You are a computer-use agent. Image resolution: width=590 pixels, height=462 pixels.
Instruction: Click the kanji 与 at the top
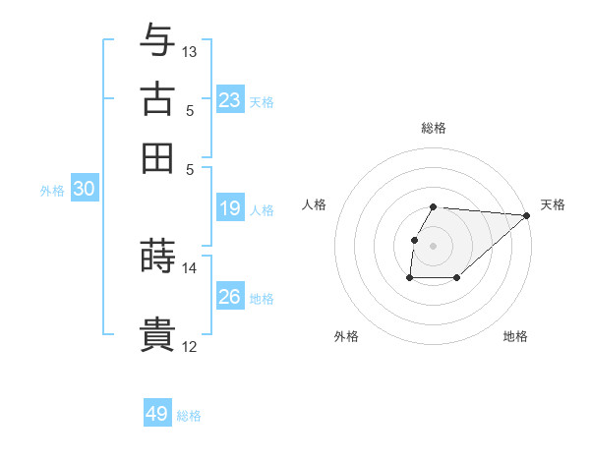[157, 41]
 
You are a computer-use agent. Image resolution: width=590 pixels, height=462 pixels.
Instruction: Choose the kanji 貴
[157, 334]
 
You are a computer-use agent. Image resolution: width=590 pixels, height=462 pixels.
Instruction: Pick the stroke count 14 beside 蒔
[190, 267]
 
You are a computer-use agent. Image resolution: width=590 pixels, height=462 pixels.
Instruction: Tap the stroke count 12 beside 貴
[190, 345]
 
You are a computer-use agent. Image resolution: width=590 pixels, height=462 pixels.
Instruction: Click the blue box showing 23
[230, 99]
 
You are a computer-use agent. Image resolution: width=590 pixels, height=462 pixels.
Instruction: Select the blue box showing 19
[230, 208]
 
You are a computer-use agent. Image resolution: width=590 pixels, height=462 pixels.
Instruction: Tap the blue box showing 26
[230, 296]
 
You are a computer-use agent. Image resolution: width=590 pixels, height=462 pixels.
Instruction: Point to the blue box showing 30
[84, 190]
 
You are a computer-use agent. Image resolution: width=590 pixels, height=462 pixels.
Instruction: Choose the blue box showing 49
[157, 414]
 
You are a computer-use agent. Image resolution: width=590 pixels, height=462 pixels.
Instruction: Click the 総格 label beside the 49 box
[189, 416]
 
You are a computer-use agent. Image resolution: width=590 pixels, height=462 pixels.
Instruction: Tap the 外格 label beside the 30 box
[52, 191]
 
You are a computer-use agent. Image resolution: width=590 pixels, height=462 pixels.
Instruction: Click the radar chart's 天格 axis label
[553, 204]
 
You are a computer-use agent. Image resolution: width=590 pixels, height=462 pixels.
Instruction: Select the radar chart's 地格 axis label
[515, 336]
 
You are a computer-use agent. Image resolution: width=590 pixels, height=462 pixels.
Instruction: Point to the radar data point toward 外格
[409, 278]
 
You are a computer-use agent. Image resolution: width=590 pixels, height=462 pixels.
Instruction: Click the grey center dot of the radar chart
[434, 246]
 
